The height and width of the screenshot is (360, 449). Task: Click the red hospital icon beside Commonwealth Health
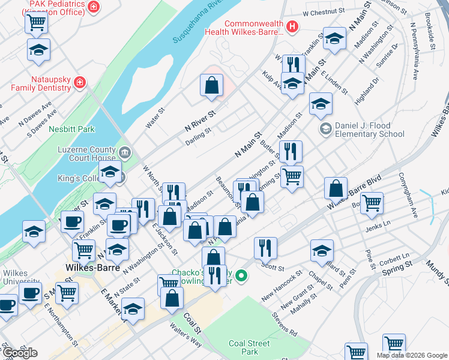[292, 26]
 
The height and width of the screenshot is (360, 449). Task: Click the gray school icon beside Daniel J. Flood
[325, 128]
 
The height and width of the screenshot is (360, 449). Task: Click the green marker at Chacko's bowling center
[241, 276]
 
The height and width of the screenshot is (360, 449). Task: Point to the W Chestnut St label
[326, 11]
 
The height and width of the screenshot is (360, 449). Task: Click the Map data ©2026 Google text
[412, 355]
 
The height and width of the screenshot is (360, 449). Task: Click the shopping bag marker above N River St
[212, 86]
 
